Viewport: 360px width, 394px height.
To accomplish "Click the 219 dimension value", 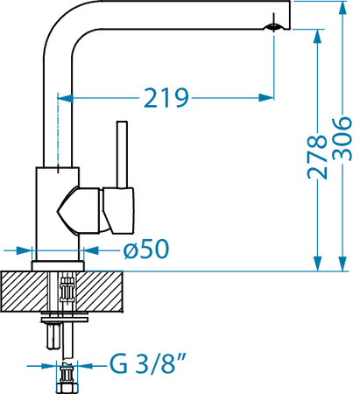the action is pos(166,98).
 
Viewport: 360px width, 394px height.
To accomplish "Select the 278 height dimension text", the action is pos(317,157).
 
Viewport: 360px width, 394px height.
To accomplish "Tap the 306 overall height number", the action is pos(342,139).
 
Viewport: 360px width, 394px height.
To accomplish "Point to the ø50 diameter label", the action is pos(146,249).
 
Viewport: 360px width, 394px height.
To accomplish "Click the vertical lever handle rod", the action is pos(122,154).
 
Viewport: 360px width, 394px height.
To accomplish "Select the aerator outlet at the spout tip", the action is pos(273,27).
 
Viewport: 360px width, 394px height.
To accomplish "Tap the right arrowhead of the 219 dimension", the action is pos(266,98).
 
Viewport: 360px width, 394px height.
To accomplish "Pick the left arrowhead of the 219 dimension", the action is pos(65,98).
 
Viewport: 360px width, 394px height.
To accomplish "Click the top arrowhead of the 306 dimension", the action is pos(342,10).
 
